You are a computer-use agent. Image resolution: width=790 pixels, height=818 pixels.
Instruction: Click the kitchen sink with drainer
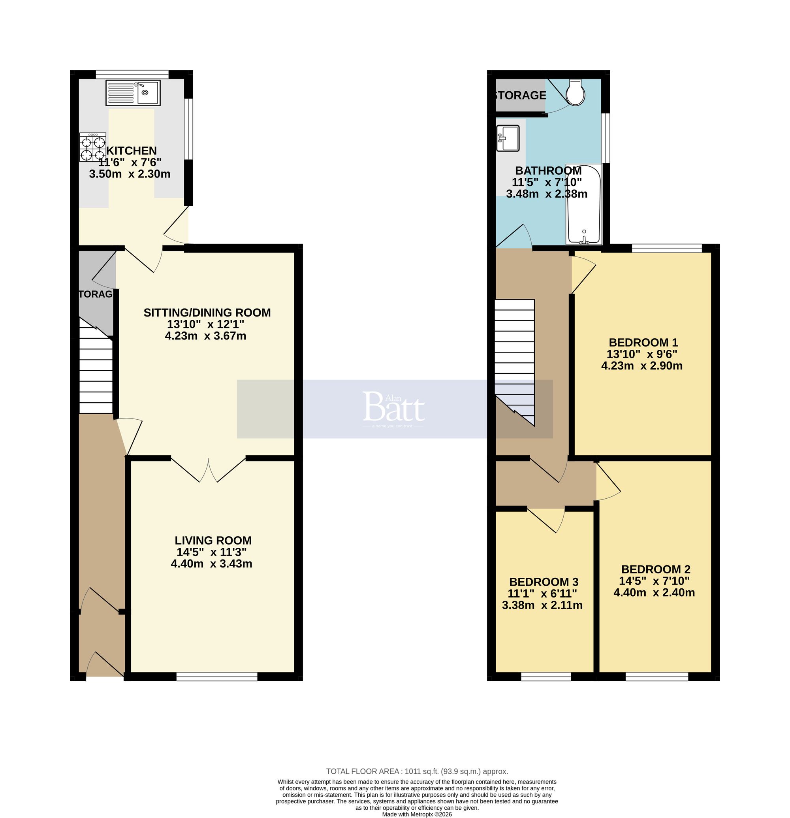133,92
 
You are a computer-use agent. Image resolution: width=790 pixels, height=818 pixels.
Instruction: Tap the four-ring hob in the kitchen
92,147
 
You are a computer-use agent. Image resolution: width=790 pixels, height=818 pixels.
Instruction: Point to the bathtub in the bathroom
583,204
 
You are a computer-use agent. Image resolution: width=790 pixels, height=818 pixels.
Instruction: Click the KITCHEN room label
132,151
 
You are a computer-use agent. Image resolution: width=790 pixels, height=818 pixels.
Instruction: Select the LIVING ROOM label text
213,541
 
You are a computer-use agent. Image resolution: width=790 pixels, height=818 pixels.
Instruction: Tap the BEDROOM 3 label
544,582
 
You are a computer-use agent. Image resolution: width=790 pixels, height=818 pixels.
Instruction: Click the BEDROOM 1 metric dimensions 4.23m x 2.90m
641,366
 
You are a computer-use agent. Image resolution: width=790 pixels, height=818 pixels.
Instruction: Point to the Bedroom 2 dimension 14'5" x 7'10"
654,581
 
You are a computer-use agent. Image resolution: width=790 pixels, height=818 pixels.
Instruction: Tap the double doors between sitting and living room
208,469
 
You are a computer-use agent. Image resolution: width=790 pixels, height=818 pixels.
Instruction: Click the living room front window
217,677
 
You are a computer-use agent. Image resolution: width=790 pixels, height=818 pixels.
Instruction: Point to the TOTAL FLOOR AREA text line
417,771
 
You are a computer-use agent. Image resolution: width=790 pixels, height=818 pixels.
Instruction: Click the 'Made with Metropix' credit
417,814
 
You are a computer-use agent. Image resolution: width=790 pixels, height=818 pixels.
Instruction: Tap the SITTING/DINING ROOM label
207,313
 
